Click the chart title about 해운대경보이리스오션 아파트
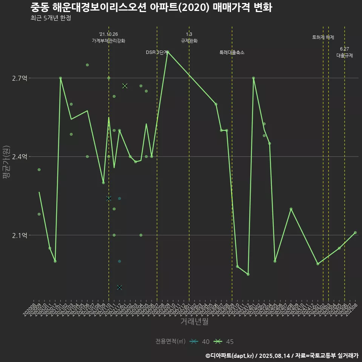(151, 8)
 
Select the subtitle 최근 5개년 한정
(51, 18)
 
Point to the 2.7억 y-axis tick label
(20, 78)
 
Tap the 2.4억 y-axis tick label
(20, 157)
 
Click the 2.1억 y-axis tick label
(20, 235)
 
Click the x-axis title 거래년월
(194, 322)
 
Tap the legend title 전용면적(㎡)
(170, 342)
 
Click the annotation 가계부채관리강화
(109, 40)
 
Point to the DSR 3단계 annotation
(156, 52)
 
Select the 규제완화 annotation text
(189, 41)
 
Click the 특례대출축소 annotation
(232, 52)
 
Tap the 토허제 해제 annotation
(323, 37)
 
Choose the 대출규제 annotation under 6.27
(345, 55)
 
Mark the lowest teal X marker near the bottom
(120, 287)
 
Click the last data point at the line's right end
(355, 233)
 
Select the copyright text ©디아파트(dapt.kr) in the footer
(230, 356)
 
